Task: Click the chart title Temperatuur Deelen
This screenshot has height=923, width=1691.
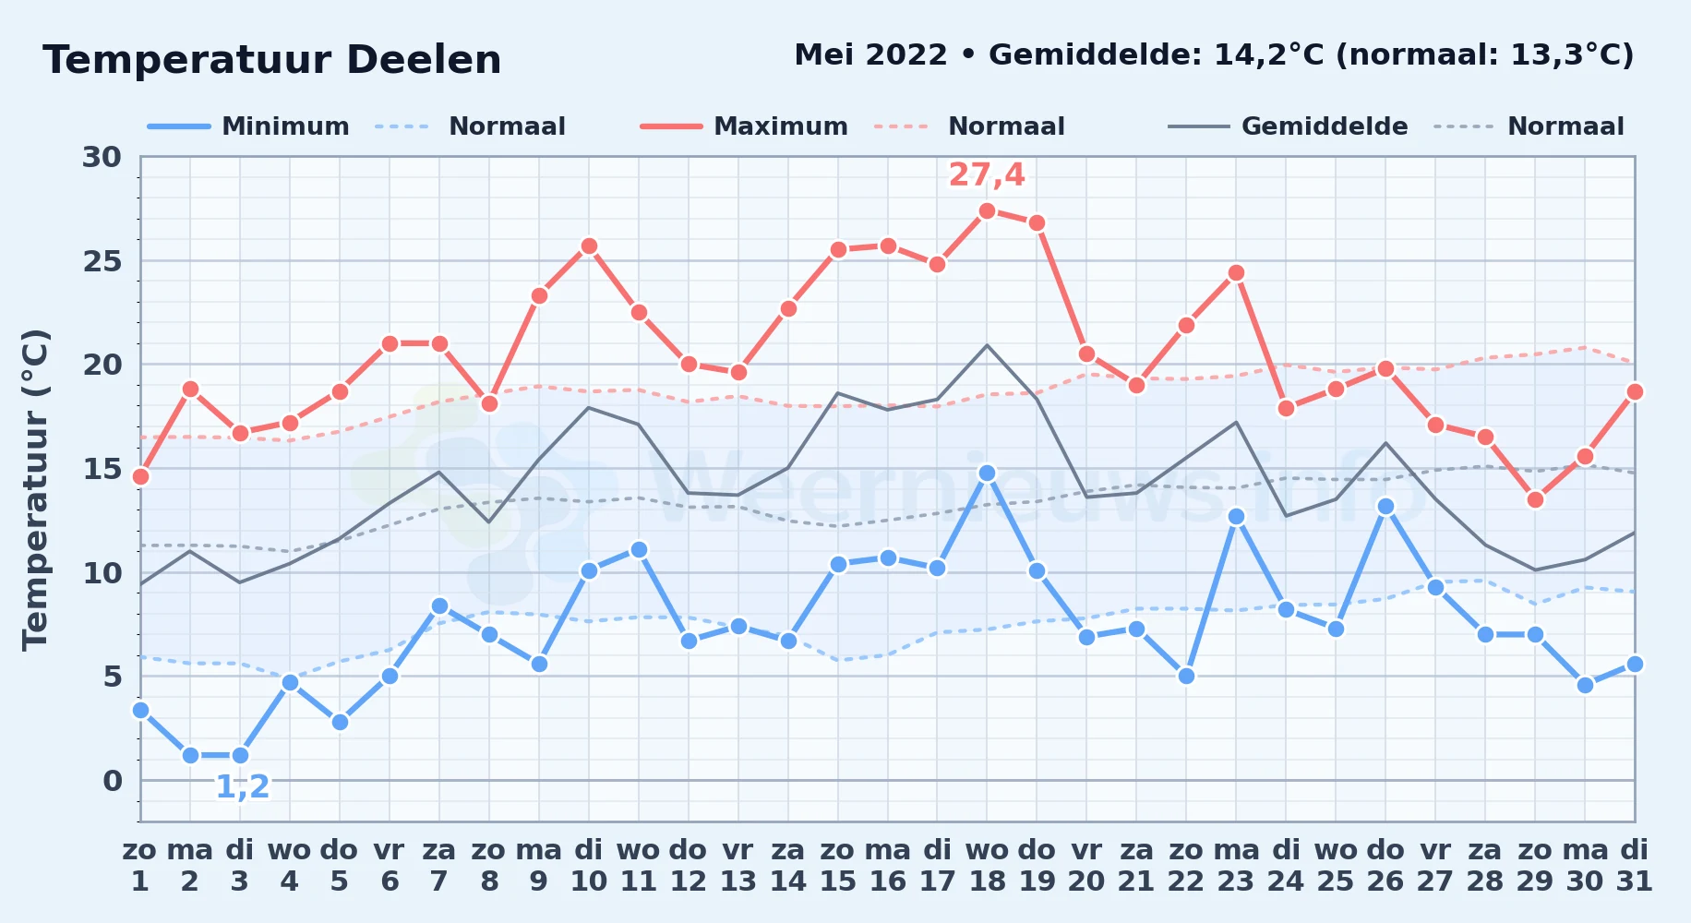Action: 272,60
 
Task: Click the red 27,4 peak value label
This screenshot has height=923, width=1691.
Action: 987,174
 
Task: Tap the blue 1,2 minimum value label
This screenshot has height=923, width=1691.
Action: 242,786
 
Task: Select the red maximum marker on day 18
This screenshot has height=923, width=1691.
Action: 987,210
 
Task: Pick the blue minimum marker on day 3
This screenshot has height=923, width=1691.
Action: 240,755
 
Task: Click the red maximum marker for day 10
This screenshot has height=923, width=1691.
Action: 589,246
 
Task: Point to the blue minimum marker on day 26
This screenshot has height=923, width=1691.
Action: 1385,506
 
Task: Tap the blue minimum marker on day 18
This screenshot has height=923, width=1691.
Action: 987,473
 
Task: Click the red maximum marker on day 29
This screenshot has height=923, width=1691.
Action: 1535,499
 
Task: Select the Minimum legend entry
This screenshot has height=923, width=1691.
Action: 248,126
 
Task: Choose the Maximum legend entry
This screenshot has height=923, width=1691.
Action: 744,126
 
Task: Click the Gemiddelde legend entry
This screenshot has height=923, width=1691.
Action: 1288,126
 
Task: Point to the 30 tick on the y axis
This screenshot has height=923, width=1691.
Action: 102,157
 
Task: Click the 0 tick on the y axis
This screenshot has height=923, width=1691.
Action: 112,781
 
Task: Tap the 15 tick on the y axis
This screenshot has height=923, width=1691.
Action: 102,469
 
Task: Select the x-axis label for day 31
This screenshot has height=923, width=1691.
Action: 1634,866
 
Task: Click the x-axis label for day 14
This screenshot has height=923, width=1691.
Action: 787,866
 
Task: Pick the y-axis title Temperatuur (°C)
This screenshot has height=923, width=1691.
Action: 35,489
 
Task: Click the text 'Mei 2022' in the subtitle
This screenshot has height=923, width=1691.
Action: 870,54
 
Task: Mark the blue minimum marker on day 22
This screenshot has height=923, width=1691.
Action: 1186,676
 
